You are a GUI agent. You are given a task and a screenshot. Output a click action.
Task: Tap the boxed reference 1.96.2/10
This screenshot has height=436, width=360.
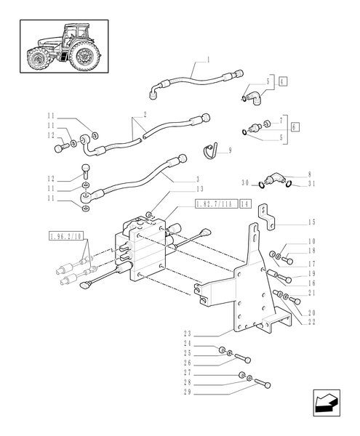pyautogui.click(x=66, y=236)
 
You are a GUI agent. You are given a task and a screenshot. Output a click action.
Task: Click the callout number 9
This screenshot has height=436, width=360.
pyautogui.click(x=230, y=150)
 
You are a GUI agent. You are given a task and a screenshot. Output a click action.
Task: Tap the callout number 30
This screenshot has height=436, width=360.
pyautogui.click(x=246, y=182)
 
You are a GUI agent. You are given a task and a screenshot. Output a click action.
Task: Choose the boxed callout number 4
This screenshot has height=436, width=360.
pyautogui.click(x=283, y=83)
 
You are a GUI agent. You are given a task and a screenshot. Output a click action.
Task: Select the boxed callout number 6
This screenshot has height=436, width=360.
pyautogui.click(x=295, y=126)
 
